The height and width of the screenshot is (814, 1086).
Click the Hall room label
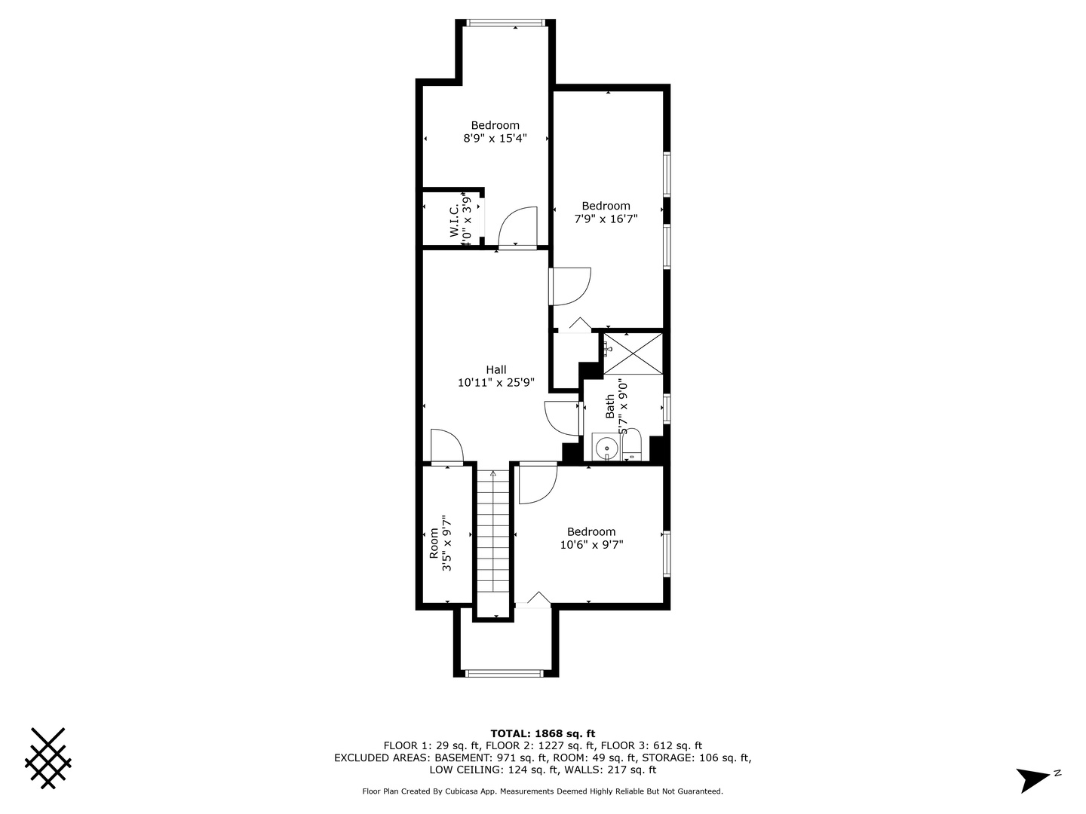point(496,369)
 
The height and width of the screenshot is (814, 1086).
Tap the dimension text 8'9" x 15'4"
point(495,139)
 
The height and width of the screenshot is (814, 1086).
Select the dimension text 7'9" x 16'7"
point(606,219)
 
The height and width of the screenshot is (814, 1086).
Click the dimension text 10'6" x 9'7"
point(591,545)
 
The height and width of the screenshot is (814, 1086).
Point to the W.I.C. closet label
point(456,222)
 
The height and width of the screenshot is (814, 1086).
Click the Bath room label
point(610,406)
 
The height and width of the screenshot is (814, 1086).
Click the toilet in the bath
point(632,445)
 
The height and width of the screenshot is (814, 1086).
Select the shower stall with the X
point(633,353)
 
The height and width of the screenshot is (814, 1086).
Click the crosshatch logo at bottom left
point(48,758)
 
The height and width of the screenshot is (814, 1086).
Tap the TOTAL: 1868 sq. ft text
point(543,733)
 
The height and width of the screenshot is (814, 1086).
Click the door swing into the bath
point(562,418)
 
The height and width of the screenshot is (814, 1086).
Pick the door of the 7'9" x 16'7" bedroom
point(570,286)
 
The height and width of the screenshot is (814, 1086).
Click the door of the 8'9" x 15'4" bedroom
point(517,227)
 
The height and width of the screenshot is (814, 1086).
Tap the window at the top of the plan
point(505,23)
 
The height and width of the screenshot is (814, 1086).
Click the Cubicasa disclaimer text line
point(543,791)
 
